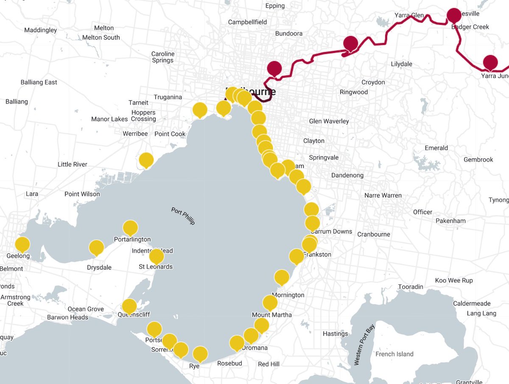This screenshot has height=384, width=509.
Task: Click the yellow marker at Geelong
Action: [x=22, y=244]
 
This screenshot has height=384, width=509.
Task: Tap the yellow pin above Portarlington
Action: [x=130, y=227]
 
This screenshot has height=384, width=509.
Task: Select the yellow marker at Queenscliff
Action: [x=129, y=306]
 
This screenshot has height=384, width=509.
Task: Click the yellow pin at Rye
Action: [x=200, y=353]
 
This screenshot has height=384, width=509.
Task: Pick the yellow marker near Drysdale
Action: [x=97, y=247]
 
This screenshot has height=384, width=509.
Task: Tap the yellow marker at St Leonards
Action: [x=157, y=256]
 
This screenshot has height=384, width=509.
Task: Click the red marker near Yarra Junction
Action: [x=490, y=62]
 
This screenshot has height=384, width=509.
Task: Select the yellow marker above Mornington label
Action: [x=282, y=277]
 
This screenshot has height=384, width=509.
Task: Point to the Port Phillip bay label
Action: [x=183, y=216]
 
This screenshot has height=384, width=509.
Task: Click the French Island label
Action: [x=394, y=354]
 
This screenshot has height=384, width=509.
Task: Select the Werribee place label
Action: [x=135, y=134]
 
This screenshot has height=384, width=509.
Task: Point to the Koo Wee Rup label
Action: [x=454, y=280]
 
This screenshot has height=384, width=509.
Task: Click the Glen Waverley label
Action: [x=329, y=121]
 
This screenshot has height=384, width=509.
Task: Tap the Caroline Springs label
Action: [x=163, y=57]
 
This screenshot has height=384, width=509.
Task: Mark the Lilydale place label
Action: [x=401, y=64]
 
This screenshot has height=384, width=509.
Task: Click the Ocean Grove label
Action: [x=86, y=309]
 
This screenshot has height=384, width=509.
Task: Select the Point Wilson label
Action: [x=82, y=194]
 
